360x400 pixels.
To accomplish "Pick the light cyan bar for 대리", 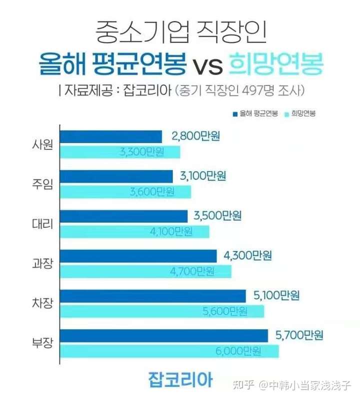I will (x=134, y=231).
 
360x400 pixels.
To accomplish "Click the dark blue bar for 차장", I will (x=153, y=296).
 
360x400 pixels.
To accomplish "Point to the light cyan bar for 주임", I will (x=125, y=191).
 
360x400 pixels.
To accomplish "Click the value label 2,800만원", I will (x=195, y=136).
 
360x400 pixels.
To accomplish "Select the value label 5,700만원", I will (x=299, y=335).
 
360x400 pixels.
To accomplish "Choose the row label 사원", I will (x=42, y=144).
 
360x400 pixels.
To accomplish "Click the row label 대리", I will (x=42, y=224).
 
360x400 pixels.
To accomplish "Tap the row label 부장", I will (x=42, y=343).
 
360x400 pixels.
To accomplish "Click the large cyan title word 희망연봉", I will (x=274, y=64).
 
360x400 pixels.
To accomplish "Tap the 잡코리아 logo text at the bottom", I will (x=180, y=378).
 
